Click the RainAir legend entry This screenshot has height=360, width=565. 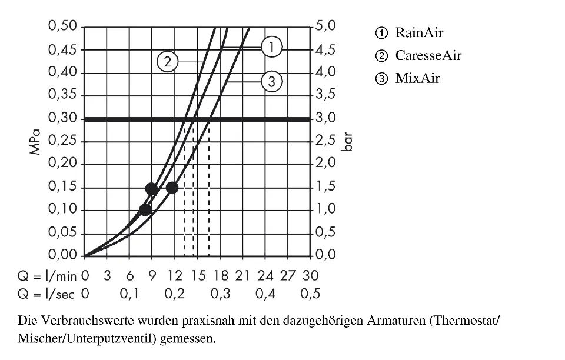[x=419, y=32]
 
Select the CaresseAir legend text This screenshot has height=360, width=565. [x=428, y=55]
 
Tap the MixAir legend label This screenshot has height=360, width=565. [x=417, y=78]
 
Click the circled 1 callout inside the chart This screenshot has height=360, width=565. [x=271, y=46]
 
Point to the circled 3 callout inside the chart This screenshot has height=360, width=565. [x=271, y=82]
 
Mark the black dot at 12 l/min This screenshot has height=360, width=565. [x=172, y=188]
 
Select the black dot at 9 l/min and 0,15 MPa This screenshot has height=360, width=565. [x=152, y=188]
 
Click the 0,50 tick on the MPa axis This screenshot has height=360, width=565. [x=63, y=27]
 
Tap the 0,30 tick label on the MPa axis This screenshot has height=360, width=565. [x=63, y=118]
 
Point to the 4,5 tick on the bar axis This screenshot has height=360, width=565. [x=325, y=50]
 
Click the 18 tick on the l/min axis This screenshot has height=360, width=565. [x=220, y=275]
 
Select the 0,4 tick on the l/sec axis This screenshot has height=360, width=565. [x=265, y=294]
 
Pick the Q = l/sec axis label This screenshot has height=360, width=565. [x=46, y=294]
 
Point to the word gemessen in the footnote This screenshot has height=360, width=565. [x=186, y=339]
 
